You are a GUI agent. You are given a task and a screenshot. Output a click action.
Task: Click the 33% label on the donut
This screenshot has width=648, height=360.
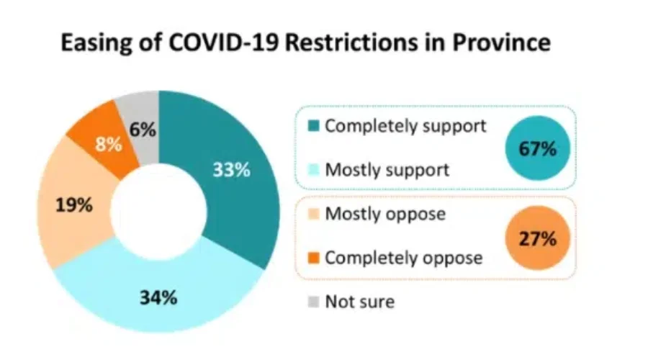point(231,170)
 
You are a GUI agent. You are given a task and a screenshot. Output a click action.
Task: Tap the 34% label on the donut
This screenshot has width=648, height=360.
point(158,297)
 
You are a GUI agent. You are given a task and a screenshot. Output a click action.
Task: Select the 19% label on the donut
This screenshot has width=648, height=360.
point(74,205)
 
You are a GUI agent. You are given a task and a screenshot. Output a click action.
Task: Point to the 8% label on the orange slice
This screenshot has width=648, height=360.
point(109,144)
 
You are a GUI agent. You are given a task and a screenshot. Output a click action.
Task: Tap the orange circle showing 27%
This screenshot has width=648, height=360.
point(538,239)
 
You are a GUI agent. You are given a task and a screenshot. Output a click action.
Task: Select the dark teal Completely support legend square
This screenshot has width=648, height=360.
point(312,127)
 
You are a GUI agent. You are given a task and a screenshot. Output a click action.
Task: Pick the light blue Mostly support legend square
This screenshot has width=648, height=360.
point(312,171)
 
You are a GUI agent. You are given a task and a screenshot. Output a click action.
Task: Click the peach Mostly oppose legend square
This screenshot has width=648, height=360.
point(312,215)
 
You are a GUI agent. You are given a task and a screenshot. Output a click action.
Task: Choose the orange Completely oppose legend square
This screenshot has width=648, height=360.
point(312,258)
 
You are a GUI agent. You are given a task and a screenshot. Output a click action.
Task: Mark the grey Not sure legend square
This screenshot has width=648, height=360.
point(312,302)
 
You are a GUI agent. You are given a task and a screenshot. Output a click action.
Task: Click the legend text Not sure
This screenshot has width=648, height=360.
point(359,301)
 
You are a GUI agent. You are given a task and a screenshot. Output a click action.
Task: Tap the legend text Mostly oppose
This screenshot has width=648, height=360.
point(385,214)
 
